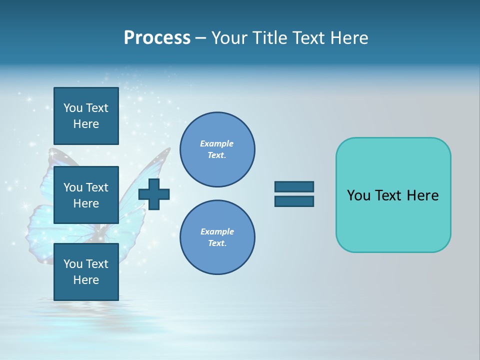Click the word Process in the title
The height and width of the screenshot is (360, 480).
[x=157, y=38]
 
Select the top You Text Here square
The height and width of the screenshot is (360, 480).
[x=86, y=116]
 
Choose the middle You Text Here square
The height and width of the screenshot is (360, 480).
[x=86, y=195]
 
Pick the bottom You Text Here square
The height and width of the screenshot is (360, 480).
[x=86, y=271]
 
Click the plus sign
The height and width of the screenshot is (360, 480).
[x=154, y=194]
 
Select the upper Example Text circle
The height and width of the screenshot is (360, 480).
[x=217, y=149]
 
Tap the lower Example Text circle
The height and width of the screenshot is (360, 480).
[x=217, y=237]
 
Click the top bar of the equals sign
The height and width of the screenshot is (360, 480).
[x=294, y=186]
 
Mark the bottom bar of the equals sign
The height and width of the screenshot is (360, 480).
[x=294, y=201]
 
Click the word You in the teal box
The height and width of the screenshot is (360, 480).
[x=358, y=195]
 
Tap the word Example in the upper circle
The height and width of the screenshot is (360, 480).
[x=216, y=143]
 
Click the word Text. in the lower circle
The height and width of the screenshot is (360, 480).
[x=217, y=243]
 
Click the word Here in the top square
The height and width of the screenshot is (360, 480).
[x=86, y=124]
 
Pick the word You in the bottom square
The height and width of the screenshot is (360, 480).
[x=73, y=264]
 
